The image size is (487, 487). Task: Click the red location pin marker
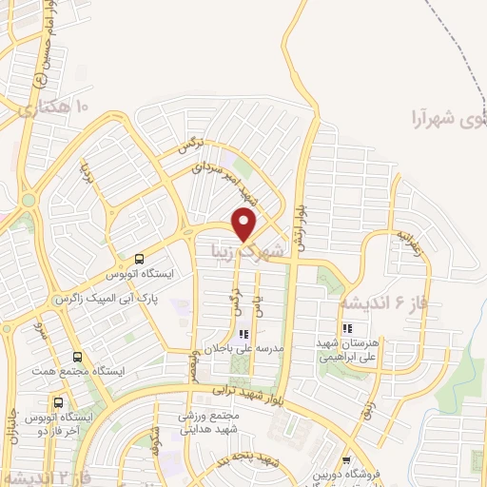coord(243,225)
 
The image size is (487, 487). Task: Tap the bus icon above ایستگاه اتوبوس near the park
coord(140,258)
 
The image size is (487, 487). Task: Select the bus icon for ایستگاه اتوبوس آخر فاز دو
coord(60,401)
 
